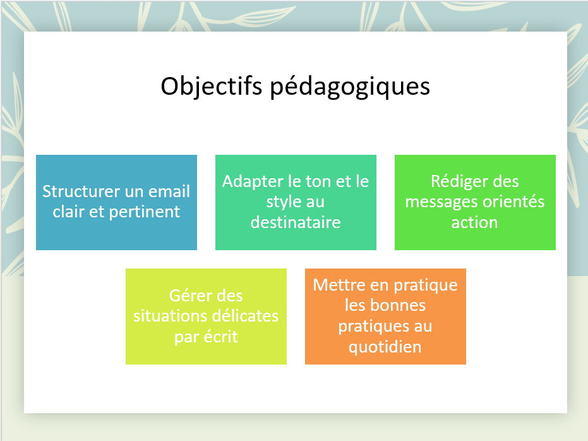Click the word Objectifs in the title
click(211, 87)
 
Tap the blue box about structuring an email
click(116, 203)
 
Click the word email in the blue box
click(169, 191)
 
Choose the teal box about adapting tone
click(296, 203)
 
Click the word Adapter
click(253, 182)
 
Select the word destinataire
click(296, 222)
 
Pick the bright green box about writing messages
click(475, 203)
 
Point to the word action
click(474, 223)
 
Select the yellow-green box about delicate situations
click(206, 317)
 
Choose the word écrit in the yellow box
click(220, 337)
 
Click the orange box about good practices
click(385, 317)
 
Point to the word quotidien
click(385, 347)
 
